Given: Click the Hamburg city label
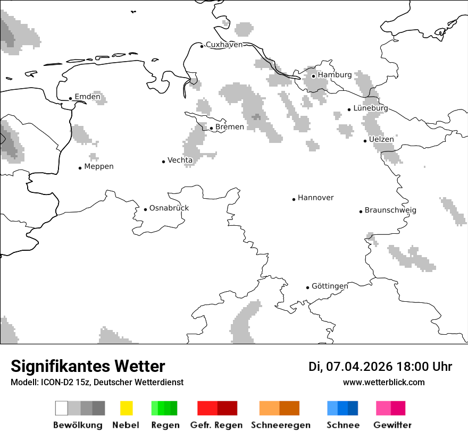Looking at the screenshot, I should click(x=335, y=75).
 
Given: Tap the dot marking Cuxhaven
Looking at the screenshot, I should click(x=202, y=46).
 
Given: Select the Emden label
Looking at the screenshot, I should click(x=87, y=97).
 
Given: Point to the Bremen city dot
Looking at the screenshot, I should click(x=211, y=128).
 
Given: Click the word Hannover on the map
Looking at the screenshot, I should click(x=315, y=198).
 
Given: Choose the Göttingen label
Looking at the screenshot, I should click(x=330, y=286).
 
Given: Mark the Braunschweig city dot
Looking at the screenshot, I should click(x=361, y=211).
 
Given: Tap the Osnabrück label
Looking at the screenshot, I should click(x=169, y=208).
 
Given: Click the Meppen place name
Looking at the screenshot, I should click(x=99, y=167).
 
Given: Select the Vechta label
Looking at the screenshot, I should click(x=180, y=160).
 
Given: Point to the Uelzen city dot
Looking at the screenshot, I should click(x=365, y=141).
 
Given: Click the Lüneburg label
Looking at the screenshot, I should click(x=370, y=108).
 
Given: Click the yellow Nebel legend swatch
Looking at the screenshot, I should click(x=126, y=408).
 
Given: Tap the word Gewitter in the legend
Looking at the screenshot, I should click(x=392, y=425).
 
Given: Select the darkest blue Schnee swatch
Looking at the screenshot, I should click(x=353, y=408).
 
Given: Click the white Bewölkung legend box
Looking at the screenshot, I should click(x=62, y=408).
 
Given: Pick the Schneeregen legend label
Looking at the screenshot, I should click(x=280, y=425).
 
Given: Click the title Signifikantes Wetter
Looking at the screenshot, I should click(x=88, y=366).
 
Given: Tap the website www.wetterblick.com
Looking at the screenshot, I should click(x=383, y=382).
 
